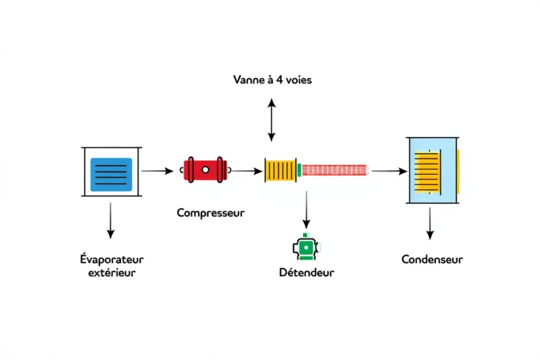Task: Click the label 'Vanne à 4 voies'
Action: tap(271, 80)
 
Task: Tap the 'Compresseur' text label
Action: tap(210, 212)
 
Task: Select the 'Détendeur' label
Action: tap(306, 272)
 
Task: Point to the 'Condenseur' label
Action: tap(432, 259)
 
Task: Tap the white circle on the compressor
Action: tap(205, 169)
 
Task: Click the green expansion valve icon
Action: tap(306, 247)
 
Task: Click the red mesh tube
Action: tap(335, 170)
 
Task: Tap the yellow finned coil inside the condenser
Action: tap(427, 171)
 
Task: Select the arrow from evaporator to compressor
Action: tap(157, 171)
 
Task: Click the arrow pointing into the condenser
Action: tap(389, 171)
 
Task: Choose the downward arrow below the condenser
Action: tap(430, 224)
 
